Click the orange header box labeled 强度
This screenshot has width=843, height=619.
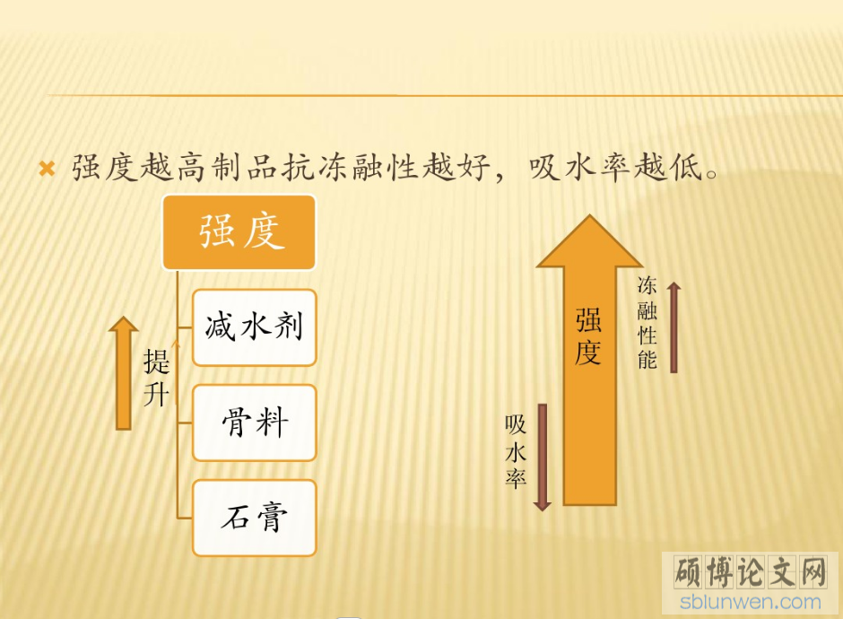(x=239, y=232)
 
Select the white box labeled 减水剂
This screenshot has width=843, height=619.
(x=255, y=327)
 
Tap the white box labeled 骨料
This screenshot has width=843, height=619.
(x=255, y=423)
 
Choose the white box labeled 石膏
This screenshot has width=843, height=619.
(x=255, y=518)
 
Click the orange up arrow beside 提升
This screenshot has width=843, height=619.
(x=124, y=373)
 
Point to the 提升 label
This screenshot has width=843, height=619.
(x=156, y=378)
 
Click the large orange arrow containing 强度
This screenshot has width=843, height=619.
(x=590, y=360)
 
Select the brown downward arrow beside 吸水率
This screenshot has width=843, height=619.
(x=543, y=458)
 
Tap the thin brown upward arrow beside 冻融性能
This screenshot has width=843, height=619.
(x=674, y=327)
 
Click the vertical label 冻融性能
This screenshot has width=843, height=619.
(x=647, y=323)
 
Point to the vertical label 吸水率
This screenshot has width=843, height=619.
(x=516, y=451)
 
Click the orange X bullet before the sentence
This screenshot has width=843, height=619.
(x=48, y=169)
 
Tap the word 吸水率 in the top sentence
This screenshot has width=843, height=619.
(x=579, y=167)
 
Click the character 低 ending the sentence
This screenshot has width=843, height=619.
(x=685, y=167)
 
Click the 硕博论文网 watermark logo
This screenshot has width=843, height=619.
(x=751, y=571)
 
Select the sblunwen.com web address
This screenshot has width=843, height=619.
(x=751, y=602)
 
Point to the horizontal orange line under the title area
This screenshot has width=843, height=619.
(x=445, y=95)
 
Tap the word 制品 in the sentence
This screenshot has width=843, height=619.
(x=245, y=167)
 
